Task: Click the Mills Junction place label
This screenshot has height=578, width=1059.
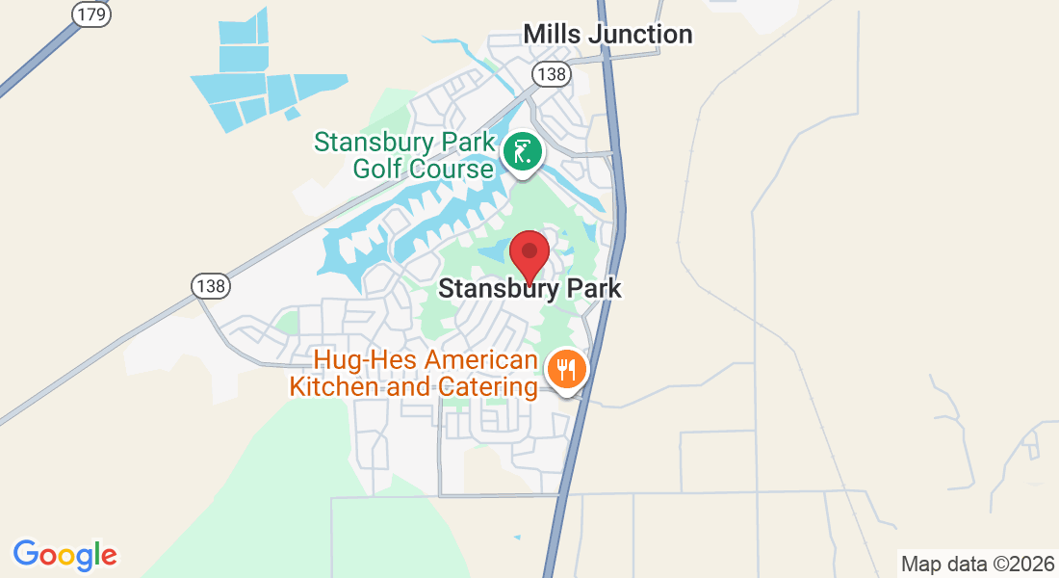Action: [607, 35]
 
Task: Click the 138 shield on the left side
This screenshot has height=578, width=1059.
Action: [210, 286]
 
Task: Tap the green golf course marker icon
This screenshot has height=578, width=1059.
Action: [523, 152]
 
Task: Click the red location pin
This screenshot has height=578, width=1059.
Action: [529, 254]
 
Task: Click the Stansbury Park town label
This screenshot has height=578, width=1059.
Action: [529, 288]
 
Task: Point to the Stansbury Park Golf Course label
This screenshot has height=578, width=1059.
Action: [403, 156]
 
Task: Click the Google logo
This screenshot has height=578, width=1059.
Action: [65, 555]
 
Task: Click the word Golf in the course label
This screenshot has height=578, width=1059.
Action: [375, 170]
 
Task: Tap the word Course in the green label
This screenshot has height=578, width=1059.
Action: [447, 170]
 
